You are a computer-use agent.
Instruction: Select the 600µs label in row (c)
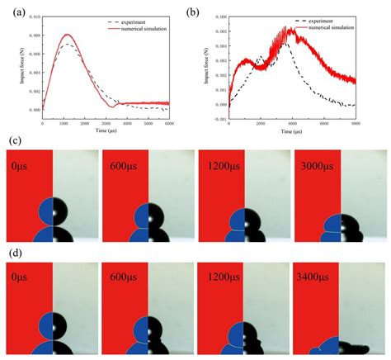pos(124,166)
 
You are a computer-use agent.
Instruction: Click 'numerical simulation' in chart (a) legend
pos(142,27)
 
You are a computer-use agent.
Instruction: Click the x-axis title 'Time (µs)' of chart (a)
pos(106,130)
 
